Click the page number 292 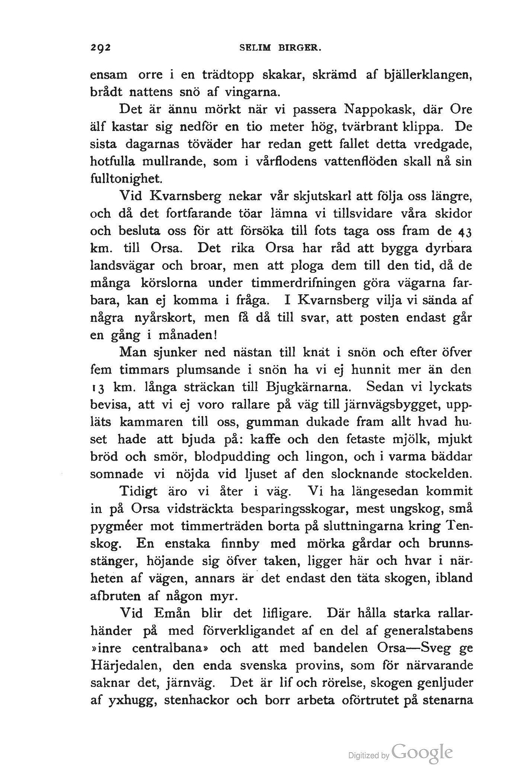tap(101, 48)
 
